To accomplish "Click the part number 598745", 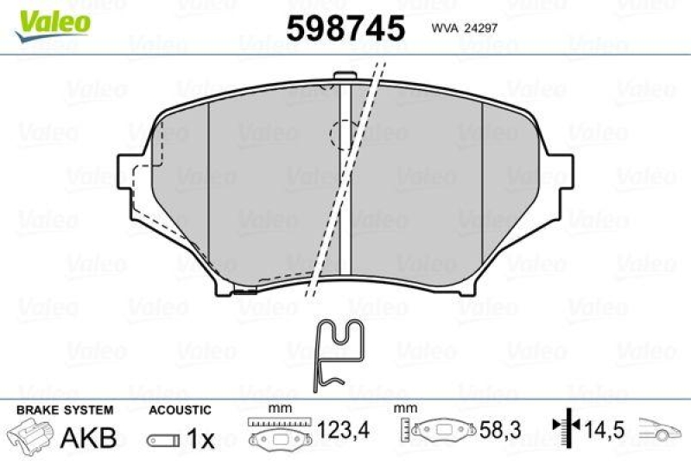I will [345, 28].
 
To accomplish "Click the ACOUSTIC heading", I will [179, 410].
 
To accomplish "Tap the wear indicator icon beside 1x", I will [162, 440].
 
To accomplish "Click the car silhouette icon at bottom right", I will [662, 429].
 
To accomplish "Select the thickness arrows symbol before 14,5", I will [561, 428].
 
